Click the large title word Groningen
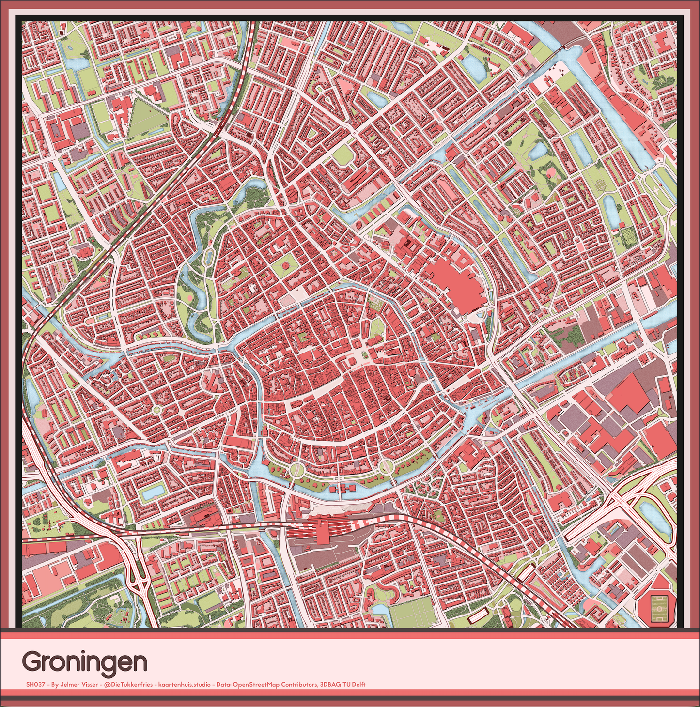(84, 661)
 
